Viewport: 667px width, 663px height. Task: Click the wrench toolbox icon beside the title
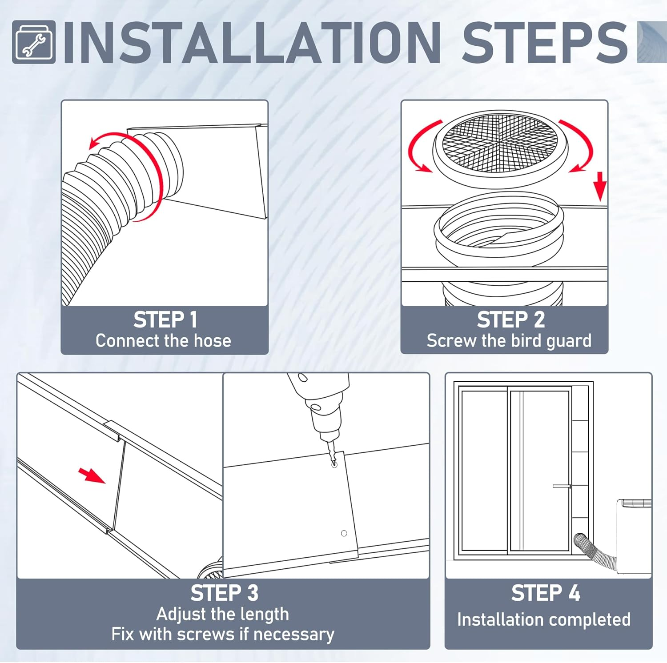[x=34, y=42]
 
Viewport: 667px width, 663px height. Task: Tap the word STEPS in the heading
[x=545, y=43]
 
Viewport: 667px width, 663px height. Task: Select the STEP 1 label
[x=165, y=320]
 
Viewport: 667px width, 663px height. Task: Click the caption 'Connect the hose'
[x=163, y=341]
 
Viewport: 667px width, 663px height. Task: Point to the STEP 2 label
[x=510, y=320]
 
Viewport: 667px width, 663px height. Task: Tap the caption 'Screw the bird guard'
[x=509, y=341]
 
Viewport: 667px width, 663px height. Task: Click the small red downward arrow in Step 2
[x=600, y=186]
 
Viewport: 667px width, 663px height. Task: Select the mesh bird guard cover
[x=500, y=143]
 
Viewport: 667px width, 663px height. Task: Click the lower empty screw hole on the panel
[x=344, y=533]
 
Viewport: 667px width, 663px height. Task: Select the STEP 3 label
[x=224, y=593]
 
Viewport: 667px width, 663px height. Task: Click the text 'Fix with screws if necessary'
[x=223, y=634]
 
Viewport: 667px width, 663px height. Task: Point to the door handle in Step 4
[x=561, y=486]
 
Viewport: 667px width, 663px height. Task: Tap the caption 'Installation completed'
[x=544, y=619]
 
